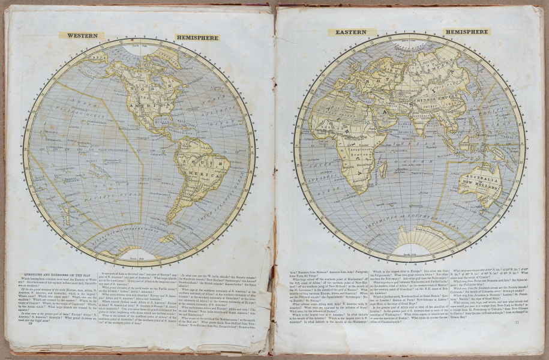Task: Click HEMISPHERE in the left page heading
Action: click(x=198, y=38)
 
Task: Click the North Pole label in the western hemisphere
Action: click(x=140, y=46)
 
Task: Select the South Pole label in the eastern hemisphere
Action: click(x=409, y=254)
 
